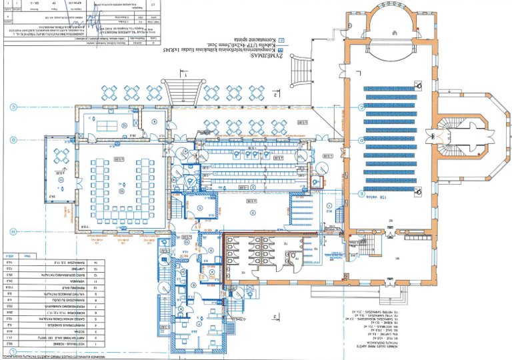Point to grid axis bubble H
click(x=13, y=230)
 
